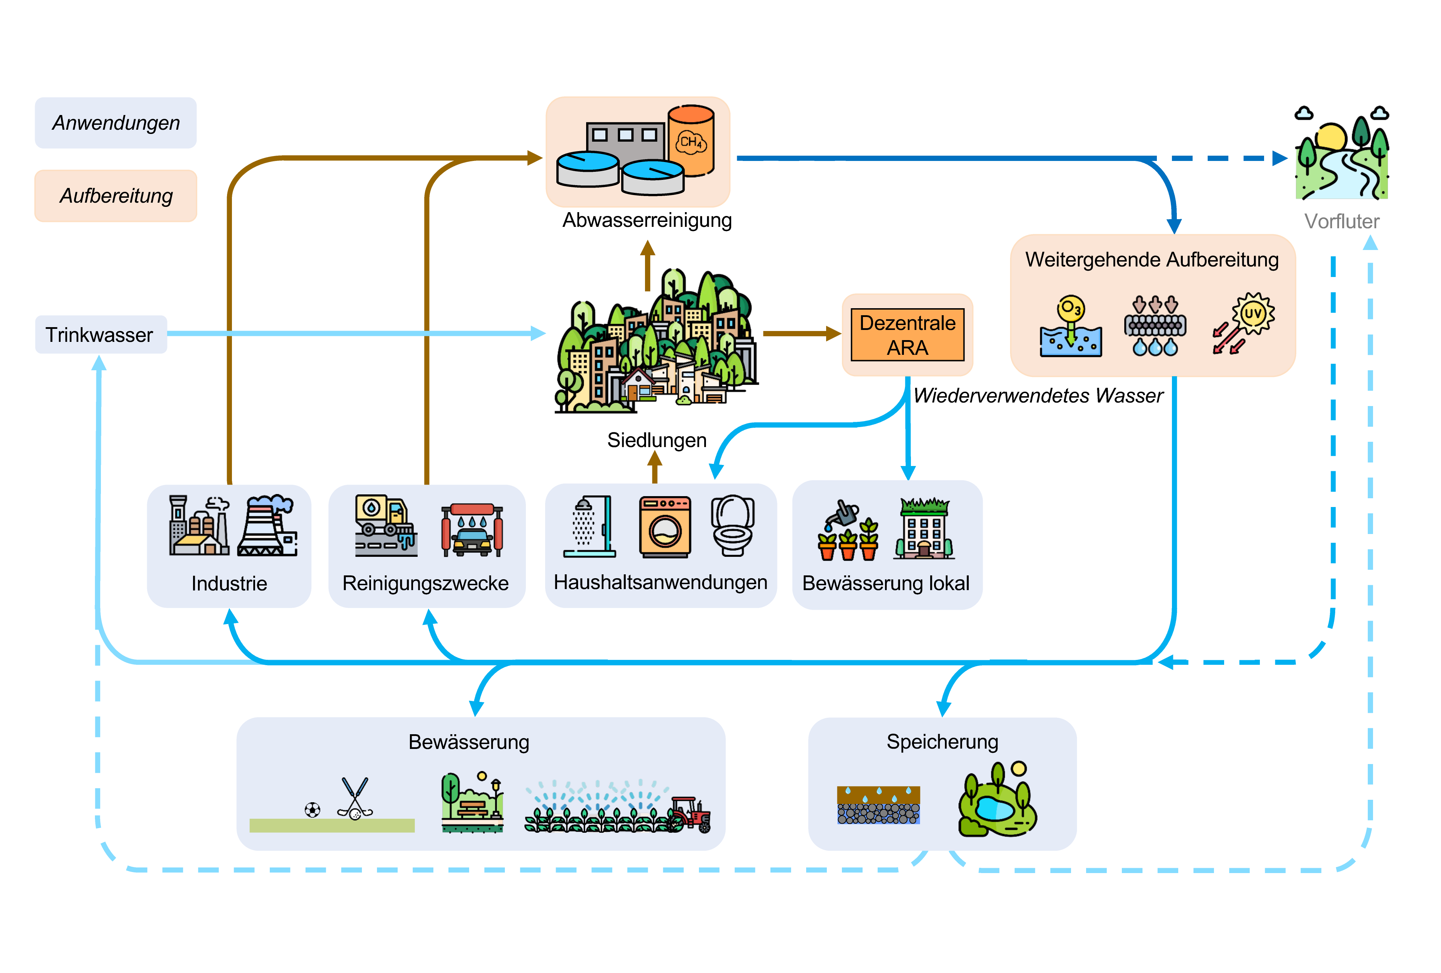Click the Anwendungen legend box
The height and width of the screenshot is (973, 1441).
pos(116,123)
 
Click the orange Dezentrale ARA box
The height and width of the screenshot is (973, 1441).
pos(907,335)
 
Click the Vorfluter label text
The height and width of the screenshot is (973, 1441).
pos(1341,222)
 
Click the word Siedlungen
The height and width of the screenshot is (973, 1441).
pos(657,440)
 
